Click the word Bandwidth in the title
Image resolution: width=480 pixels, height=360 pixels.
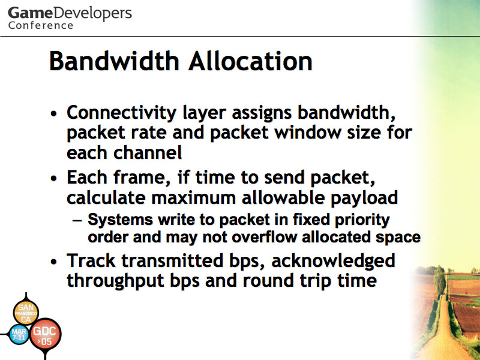point(114,61)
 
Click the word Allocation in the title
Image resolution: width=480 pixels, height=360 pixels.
point(250,61)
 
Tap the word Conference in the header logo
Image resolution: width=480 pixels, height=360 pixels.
point(41,25)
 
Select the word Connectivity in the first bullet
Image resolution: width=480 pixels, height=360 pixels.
point(122,113)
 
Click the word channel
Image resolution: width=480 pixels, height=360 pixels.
point(148,152)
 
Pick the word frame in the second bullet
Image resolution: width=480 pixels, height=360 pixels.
point(142,177)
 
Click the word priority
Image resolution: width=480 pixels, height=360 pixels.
point(362,220)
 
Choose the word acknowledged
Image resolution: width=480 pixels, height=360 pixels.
point(333,261)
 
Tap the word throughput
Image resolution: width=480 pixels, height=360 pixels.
point(115,281)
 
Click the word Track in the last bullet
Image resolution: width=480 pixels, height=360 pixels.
point(91,260)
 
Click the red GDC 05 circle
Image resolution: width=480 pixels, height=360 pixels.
point(46,335)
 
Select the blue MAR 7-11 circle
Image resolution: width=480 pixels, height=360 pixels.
point(19,334)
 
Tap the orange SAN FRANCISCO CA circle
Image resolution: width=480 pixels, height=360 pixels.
point(26,313)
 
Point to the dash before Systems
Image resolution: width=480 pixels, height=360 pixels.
point(77,221)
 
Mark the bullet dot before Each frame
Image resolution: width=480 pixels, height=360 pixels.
point(54,178)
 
